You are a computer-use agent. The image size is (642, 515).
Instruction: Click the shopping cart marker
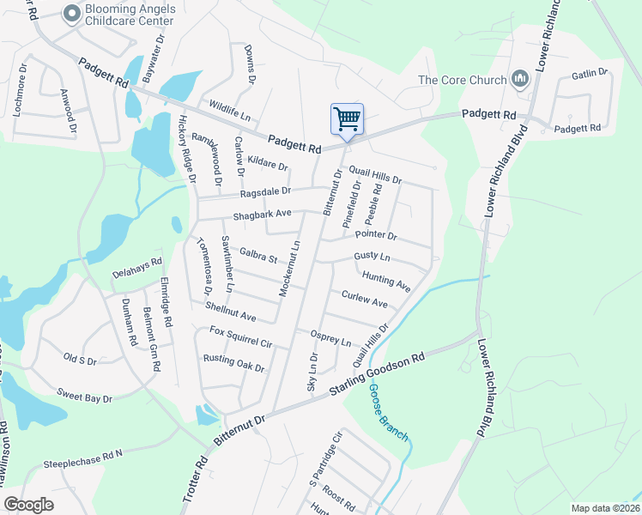[x=347, y=118]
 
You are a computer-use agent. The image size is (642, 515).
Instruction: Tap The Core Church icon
[x=518, y=80]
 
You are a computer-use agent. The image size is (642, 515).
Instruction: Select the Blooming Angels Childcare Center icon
[x=72, y=12]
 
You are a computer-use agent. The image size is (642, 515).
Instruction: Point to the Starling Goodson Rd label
[x=379, y=375]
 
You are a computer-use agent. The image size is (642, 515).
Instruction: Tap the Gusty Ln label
[x=372, y=257]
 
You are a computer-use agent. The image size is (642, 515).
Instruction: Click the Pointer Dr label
[x=375, y=234]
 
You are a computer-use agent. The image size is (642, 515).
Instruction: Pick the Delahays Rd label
[x=137, y=269]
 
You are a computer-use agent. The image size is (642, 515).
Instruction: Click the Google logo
[x=28, y=505]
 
